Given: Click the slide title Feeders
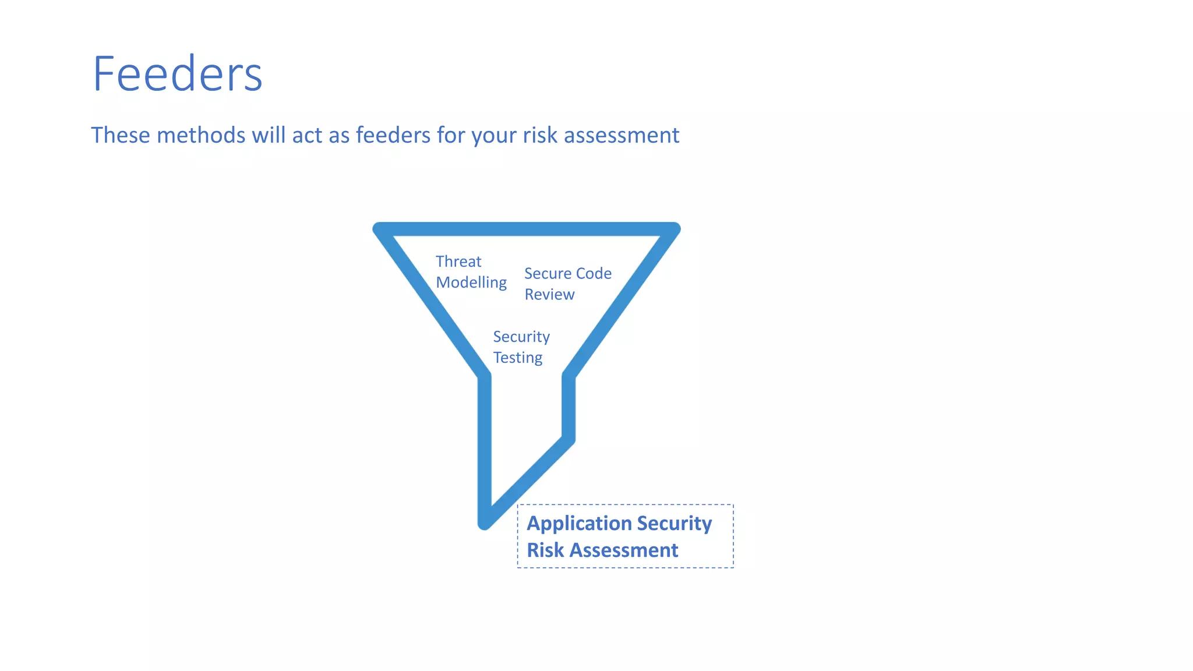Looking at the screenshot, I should point(178,74).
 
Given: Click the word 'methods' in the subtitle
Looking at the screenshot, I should point(201,135).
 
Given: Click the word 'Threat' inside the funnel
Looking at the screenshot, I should point(458,262).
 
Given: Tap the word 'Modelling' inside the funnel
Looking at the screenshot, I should point(471,282).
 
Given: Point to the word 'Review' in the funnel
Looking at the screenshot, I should point(549,295).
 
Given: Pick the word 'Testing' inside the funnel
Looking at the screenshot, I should point(517,358).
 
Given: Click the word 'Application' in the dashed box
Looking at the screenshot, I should point(574,523).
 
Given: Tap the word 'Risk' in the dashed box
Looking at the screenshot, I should point(545,550).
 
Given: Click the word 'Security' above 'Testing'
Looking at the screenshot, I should point(521,337).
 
